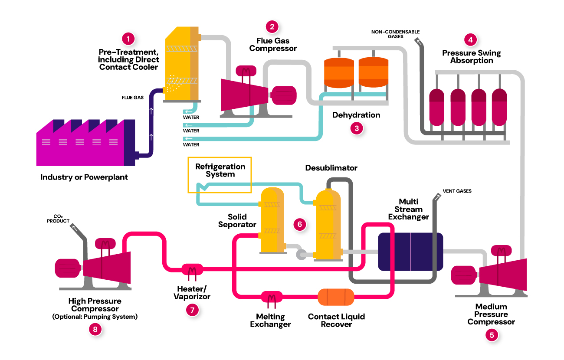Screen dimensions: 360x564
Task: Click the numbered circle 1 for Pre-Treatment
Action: (x=128, y=39)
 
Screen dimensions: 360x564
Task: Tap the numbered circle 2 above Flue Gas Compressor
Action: (x=272, y=27)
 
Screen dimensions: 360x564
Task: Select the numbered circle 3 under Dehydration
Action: (x=356, y=128)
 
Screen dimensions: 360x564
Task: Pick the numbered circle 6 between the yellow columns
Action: (x=299, y=224)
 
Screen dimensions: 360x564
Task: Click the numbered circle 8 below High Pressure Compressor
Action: (x=95, y=329)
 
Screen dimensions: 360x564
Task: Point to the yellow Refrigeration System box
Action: (x=220, y=174)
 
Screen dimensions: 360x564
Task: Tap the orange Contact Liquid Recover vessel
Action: (x=336, y=297)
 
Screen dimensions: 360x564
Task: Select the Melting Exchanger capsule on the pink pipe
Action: (x=272, y=297)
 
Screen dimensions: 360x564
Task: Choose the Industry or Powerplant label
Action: (x=84, y=177)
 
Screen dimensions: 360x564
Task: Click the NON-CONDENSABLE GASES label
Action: (x=390, y=34)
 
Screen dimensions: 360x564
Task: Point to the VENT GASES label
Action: (x=457, y=191)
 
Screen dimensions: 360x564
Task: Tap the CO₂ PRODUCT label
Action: (x=58, y=219)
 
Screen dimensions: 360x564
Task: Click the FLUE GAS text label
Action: (x=132, y=98)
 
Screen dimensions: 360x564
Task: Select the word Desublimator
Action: (x=331, y=168)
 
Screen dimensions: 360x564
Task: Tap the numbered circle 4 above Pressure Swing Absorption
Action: (x=470, y=39)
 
